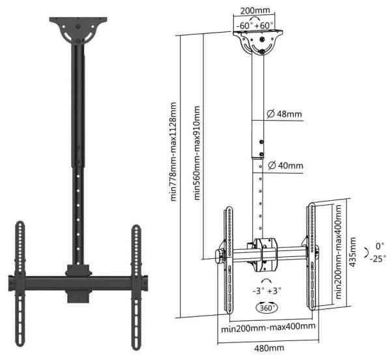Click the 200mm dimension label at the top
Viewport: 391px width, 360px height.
255,10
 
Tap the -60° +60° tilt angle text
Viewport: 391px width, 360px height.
255,25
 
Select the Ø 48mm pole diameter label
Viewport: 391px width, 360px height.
284,114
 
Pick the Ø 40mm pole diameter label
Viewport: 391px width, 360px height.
285,165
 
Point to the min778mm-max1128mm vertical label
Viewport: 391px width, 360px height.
173,152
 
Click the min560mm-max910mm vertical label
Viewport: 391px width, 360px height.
197,153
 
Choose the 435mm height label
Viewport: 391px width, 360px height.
353,252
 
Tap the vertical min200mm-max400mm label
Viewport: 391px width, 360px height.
338,252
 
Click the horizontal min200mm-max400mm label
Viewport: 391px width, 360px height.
268,327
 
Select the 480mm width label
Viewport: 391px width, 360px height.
269,348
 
